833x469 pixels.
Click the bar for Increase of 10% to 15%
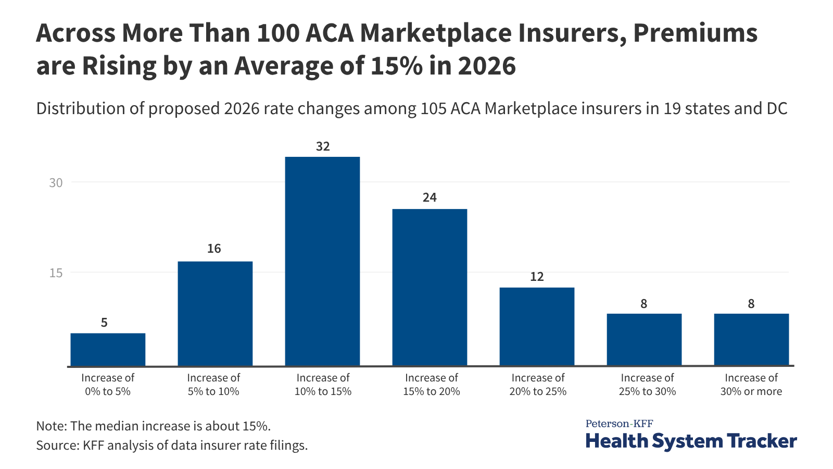[x=322, y=261]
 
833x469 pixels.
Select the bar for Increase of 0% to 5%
[x=108, y=349]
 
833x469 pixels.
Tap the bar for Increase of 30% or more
[x=751, y=339]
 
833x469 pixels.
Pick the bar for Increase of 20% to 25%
[x=537, y=326]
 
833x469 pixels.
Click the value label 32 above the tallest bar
[x=323, y=146]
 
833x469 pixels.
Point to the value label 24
[x=430, y=198]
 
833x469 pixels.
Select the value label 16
[x=214, y=249]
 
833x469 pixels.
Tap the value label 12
[x=537, y=277]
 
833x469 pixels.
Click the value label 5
[x=104, y=323]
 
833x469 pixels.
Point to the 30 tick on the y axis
[x=56, y=183]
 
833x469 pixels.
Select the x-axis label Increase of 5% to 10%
[x=213, y=385]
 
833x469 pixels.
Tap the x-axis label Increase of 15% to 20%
[x=431, y=385]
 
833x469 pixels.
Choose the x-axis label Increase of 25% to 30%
[x=647, y=385]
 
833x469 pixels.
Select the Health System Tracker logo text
[x=691, y=441]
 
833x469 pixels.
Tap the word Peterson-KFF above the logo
[x=619, y=424]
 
